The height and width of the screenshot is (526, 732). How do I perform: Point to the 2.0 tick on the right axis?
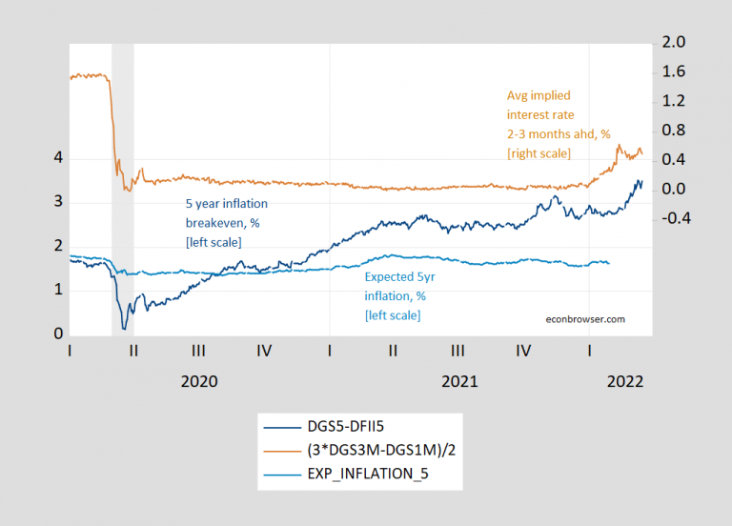[x=673, y=43]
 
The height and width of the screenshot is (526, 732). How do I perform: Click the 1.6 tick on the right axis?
[x=673, y=72]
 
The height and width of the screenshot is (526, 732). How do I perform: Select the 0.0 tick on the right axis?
[x=673, y=189]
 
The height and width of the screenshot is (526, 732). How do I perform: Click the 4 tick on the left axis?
[x=58, y=158]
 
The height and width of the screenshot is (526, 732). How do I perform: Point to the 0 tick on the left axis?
[x=58, y=334]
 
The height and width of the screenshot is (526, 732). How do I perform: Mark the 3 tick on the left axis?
[x=58, y=202]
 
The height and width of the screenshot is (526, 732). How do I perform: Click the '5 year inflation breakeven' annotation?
[x=227, y=223]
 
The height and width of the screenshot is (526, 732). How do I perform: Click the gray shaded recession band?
[x=122, y=191]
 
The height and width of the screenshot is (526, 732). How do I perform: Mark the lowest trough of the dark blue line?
[x=124, y=329]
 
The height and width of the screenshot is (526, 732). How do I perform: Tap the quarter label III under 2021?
[x=458, y=351]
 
